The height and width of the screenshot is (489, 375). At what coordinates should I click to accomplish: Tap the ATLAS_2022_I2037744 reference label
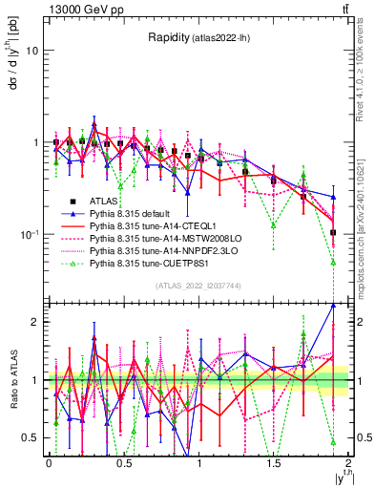[197, 286]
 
